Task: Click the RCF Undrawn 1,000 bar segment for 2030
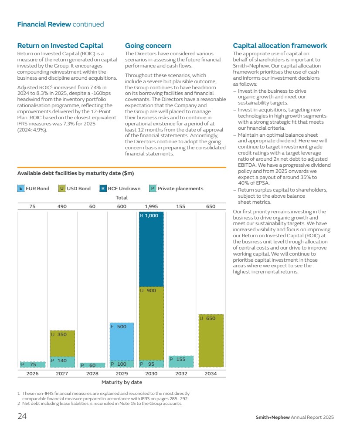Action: point(151,249)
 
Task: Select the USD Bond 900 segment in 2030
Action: point(151,323)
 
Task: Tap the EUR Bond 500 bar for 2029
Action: point(122,341)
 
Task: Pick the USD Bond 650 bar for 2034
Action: point(211,340)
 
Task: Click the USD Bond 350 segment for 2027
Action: point(62,344)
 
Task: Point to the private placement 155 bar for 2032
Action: point(181,361)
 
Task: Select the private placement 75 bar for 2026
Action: point(33,364)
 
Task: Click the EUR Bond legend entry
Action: point(34,189)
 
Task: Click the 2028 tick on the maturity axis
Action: point(92,374)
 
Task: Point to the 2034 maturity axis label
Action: point(211,374)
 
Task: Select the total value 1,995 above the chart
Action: point(151,206)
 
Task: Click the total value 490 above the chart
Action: point(62,206)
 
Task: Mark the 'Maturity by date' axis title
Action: point(122,382)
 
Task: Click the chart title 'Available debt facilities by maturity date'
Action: point(75,173)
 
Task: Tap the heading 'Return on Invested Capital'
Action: point(60,45)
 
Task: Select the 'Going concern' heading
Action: point(148,45)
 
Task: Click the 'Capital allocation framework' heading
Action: point(280,45)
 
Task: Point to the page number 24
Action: point(22,416)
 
